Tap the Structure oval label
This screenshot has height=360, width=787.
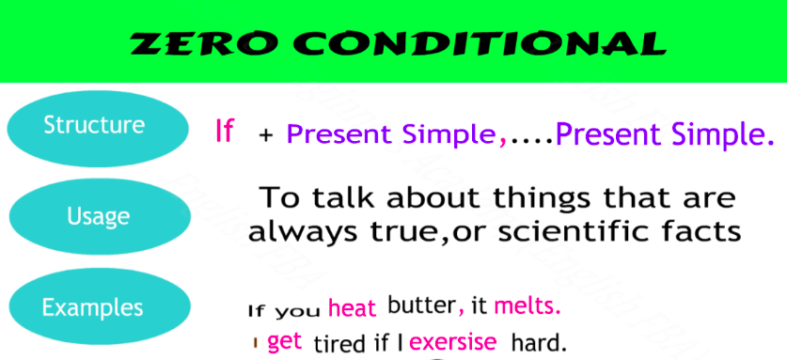pos(98,129)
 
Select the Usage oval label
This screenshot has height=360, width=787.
pos(99,217)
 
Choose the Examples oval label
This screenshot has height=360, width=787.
pos(100,306)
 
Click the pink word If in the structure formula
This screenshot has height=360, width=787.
pos(225,131)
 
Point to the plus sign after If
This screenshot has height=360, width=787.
pos(266,136)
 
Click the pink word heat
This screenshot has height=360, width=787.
pos(353,307)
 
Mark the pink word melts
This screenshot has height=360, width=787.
pos(527,305)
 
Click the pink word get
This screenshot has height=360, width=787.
pos(285,341)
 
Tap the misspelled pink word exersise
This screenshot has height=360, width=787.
pos(452,342)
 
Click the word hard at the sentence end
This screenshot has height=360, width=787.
pos(539,343)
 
